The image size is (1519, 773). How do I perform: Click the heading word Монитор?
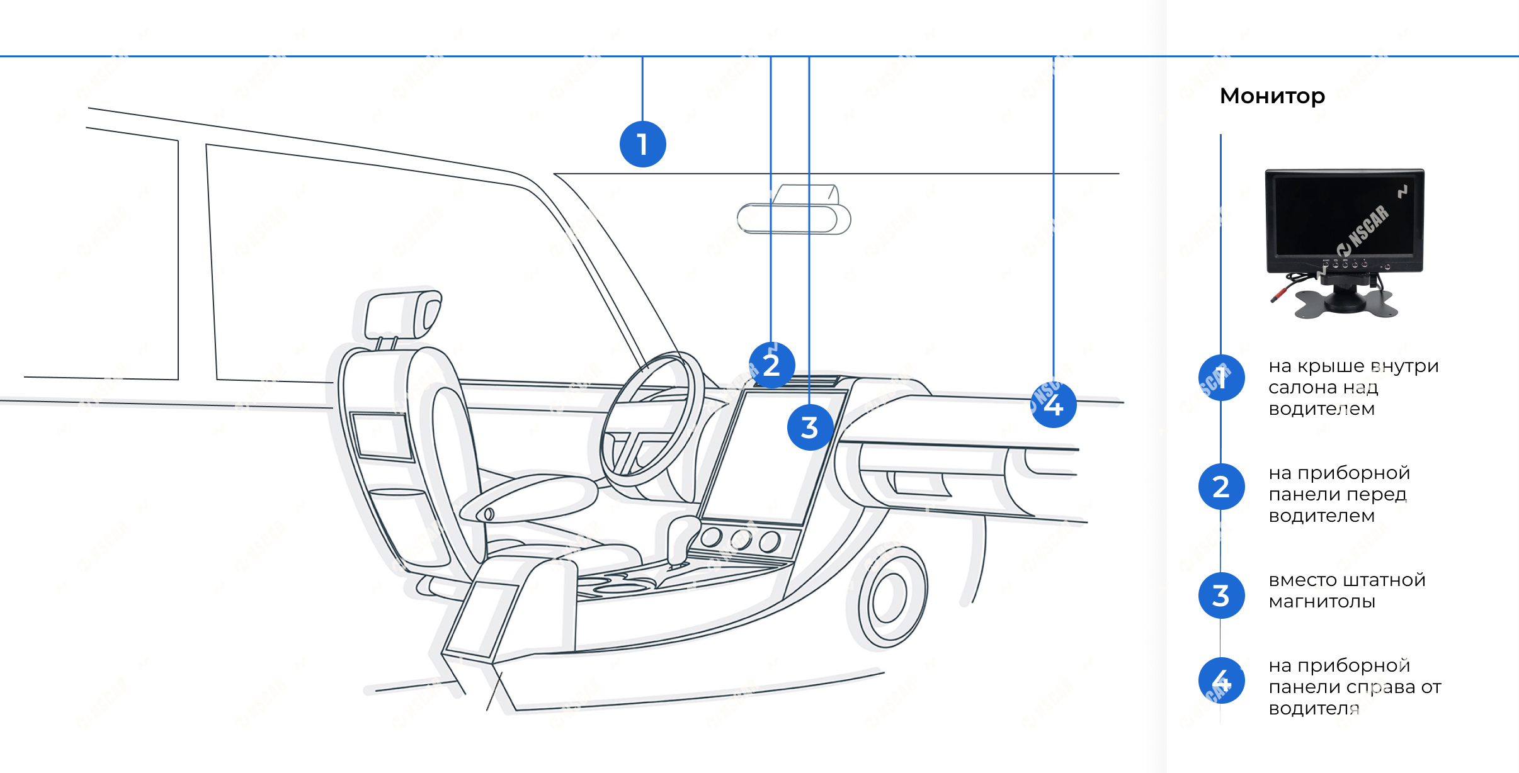1272,96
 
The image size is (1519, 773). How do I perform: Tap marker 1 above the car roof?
642,144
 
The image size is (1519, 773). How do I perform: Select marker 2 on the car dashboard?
771,365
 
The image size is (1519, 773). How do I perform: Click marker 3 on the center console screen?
810,427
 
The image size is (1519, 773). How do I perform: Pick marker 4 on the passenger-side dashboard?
1054,405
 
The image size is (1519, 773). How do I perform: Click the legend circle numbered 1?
1221,378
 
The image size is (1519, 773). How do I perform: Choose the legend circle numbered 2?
1221,487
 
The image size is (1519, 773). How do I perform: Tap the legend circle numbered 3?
1221,595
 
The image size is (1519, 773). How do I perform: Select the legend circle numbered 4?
1221,680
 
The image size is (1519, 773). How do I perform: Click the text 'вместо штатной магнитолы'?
1347,590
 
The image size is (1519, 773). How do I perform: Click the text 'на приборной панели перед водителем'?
1340,494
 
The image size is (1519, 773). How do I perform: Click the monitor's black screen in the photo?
1345,215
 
